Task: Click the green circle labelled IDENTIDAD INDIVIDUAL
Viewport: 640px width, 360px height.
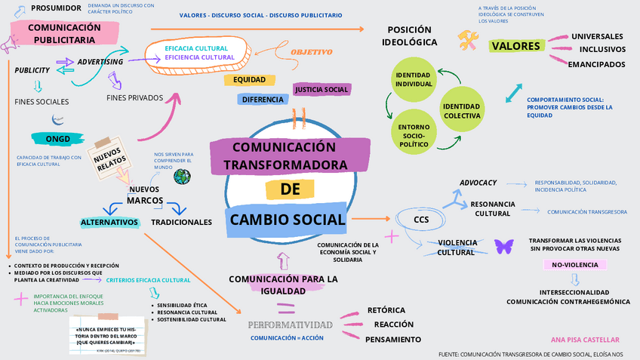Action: tap(414, 79)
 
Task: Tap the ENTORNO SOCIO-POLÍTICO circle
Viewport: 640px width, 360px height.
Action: tap(413, 134)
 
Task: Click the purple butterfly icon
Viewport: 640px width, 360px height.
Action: tap(503, 246)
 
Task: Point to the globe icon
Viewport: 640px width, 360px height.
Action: tap(182, 177)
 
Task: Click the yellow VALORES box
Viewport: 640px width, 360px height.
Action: tap(516, 46)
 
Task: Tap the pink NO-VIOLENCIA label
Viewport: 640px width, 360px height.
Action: tap(575, 265)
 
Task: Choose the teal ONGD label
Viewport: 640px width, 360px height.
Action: tap(58, 138)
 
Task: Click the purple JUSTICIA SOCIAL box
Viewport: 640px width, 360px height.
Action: tap(322, 90)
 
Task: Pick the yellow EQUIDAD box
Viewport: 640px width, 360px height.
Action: tap(249, 80)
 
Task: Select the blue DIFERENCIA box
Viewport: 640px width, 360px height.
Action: tap(263, 99)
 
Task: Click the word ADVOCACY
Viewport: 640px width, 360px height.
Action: tap(478, 183)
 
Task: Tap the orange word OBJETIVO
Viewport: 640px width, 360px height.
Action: tap(311, 52)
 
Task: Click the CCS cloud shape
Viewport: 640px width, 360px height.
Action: tap(421, 220)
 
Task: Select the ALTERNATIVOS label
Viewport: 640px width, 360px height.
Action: tap(110, 223)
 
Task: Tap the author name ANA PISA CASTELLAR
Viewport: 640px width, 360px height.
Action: tap(584, 340)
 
